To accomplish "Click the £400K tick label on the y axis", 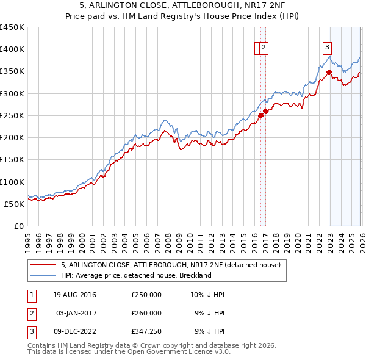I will [12, 49].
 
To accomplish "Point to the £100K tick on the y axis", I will [12, 182].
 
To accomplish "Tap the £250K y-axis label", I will [12, 115].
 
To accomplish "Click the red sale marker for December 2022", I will [329, 72].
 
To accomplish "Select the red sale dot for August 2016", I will [260, 115].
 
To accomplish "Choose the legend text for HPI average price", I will [135, 275].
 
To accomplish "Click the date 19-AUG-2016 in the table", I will [74, 295].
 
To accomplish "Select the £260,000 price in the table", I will [146, 313].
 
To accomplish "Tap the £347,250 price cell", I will [146, 331].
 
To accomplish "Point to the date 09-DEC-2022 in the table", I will [74, 331].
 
